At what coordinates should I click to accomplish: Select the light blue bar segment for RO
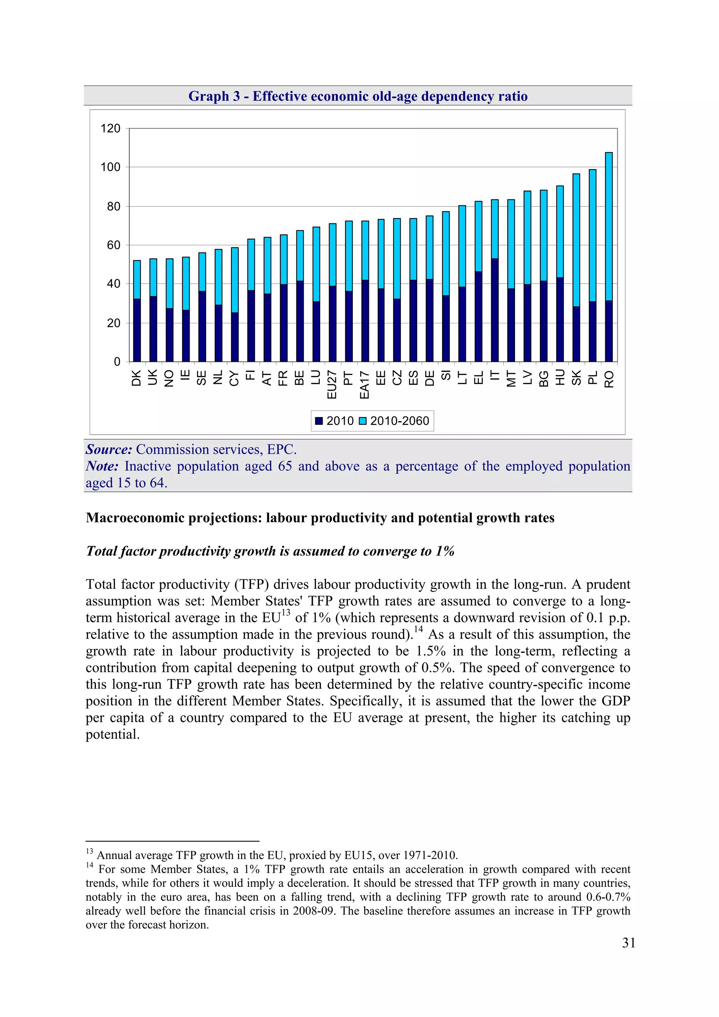coord(609,226)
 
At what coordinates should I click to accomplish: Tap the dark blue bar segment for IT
coord(495,310)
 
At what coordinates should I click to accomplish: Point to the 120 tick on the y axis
coord(110,128)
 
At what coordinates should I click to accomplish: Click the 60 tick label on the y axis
coord(113,245)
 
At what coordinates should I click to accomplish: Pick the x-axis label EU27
coord(332,384)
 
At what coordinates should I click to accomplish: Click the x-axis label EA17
coord(364,384)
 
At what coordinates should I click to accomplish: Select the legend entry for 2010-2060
coord(399,421)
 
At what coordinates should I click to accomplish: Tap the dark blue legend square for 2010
coord(318,421)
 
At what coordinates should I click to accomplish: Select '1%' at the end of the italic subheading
coord(445,551)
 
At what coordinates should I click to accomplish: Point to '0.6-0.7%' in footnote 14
coord(608,897)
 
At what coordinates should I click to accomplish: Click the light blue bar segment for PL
coord(592,235)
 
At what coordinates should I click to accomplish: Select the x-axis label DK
coord(137,378)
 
